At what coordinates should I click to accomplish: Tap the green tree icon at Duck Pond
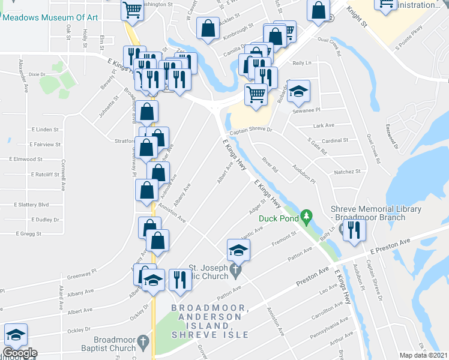306,214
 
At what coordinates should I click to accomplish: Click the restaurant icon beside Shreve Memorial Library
354,229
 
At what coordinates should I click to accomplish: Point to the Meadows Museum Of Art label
50,17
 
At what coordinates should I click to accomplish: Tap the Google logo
19,353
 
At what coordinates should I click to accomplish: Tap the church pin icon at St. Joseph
236,272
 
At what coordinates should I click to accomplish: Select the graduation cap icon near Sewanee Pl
298,91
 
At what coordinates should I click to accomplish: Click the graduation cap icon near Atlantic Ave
238,250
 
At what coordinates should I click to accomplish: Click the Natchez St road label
348,171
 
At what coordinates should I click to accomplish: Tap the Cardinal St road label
336,140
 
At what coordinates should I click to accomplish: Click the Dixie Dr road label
37,74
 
